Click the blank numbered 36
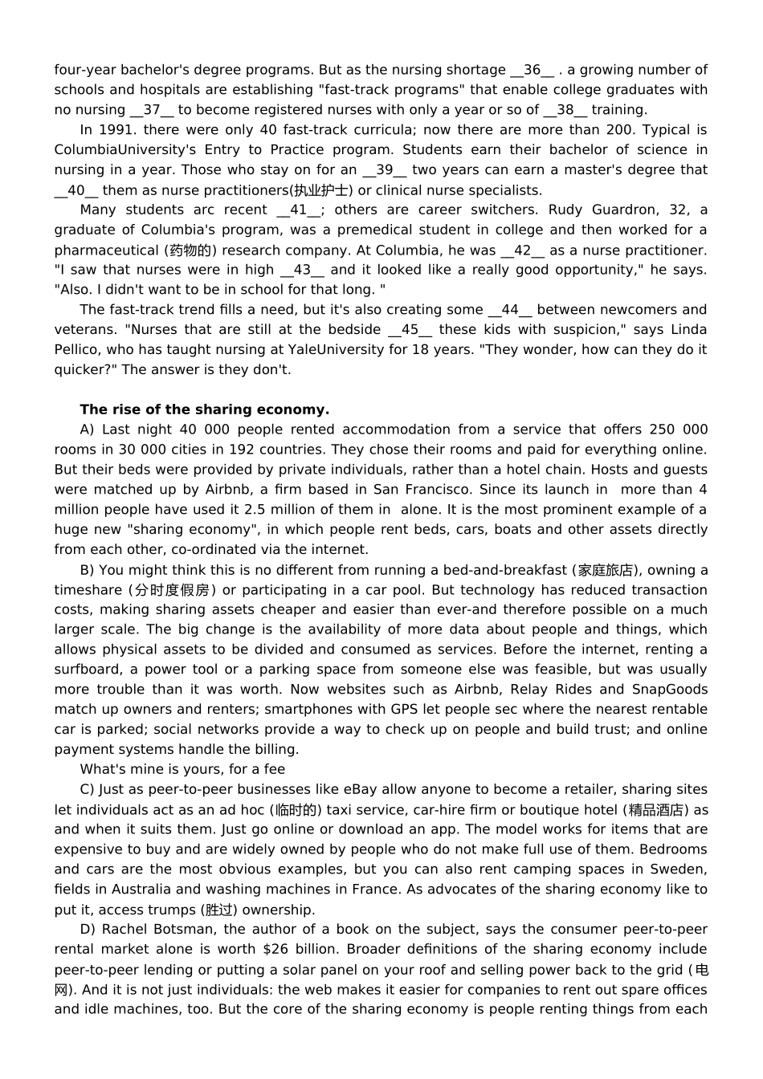tap(532, 70)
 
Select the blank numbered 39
tap(385, 169)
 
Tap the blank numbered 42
tap(522, 250)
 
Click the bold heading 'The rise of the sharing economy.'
tap(205, 409)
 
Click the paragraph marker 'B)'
tap(88, 570)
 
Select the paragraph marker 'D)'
tap(88, 929)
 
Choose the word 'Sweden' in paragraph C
tap(681, 869)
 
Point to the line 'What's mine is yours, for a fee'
tap(182, 769)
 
